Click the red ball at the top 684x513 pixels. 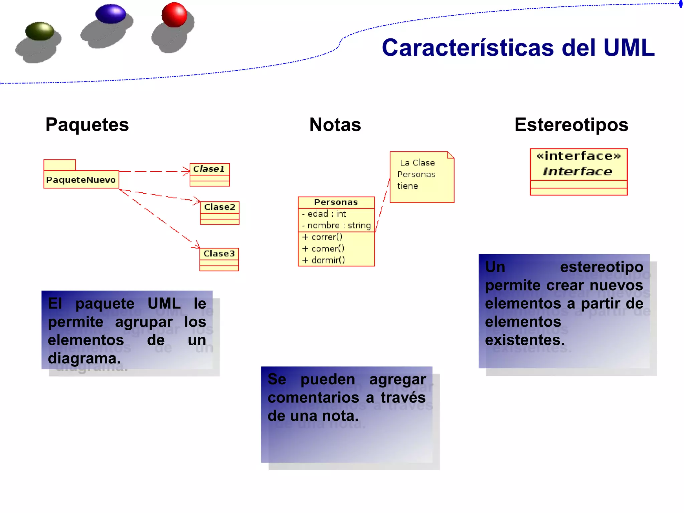click(x=174, y=15)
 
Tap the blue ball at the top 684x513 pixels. click(x=111, y=14)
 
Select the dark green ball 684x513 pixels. click(x=40, y=31)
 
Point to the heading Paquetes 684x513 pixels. click(x=87, y=125)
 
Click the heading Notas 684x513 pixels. click(x=335, y=125)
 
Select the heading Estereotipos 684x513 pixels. click(x=571, y=125)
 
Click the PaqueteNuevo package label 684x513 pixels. click(x=81, y=180)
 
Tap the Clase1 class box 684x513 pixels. click(x=209, y=174)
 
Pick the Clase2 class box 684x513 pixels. click(x=219, y=213)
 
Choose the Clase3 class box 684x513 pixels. click(x=219, y=259)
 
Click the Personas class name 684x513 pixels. click(x=336, y=202)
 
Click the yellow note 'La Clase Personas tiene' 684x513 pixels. click(x=421, y=177)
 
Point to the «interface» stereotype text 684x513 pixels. click(x=578, y=156)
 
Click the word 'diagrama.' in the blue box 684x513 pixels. click(x=84, y=358)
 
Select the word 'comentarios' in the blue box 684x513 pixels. click(x=313, y=398)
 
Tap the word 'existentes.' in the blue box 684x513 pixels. click(x=525, y=340)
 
